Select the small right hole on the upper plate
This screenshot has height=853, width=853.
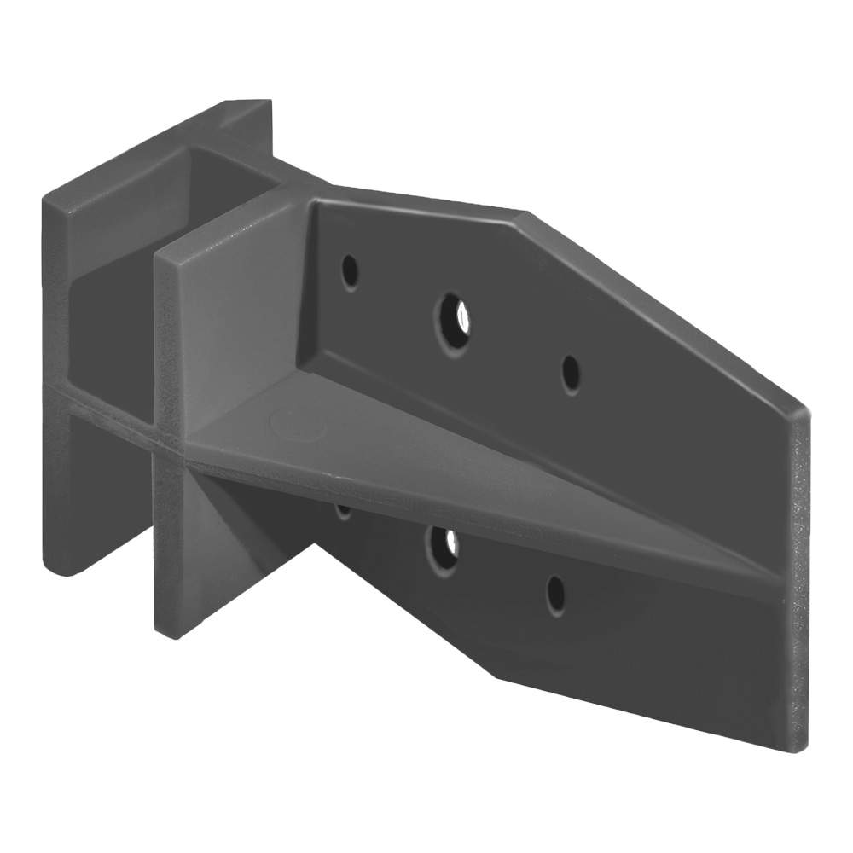coord(571,373)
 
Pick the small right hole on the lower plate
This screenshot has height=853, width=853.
coord(555,594)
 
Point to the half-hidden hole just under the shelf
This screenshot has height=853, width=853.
coord(344,512)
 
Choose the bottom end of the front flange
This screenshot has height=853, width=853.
coord(171,627)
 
